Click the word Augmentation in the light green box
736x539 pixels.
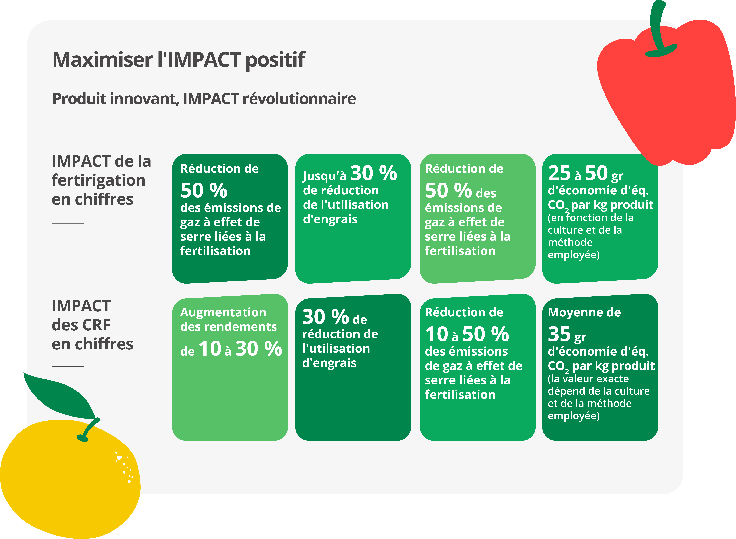[223, 313]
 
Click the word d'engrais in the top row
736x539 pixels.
[330, 219]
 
